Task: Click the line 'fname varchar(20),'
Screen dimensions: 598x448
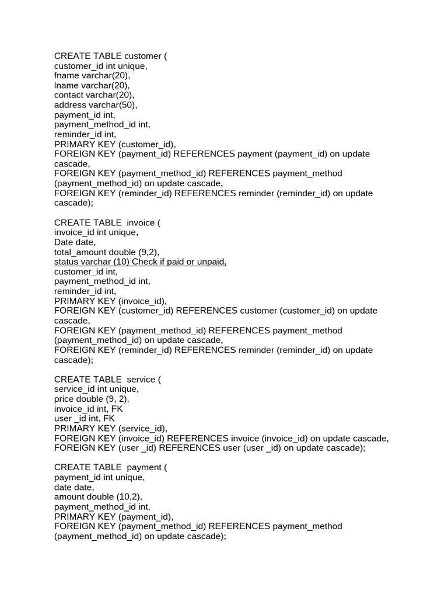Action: [92, 75]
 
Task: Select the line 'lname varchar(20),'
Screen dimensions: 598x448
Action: [92, 85]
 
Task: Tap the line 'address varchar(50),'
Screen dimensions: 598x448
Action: [96, 105]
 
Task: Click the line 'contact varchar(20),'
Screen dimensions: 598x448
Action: [94, 95]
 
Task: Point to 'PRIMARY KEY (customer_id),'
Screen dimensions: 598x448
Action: [115, 144]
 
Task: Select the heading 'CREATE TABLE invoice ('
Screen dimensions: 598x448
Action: [107, 222]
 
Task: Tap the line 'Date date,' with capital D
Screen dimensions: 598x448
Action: [75, 242]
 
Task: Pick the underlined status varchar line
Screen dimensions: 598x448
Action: [140, 262]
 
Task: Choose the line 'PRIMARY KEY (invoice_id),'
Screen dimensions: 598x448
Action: [111, 301]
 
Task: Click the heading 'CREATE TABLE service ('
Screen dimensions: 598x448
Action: [108, 380]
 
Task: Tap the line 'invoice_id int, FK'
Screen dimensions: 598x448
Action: [89, 409]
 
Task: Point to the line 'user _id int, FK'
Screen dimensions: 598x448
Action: [85, 419]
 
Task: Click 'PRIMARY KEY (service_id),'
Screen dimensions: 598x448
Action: [111, 428]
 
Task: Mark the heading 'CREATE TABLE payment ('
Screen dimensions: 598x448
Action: [111, 467]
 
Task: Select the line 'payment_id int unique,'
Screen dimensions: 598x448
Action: [100, 477]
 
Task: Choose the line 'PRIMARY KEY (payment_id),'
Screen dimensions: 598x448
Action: [114, 516]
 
